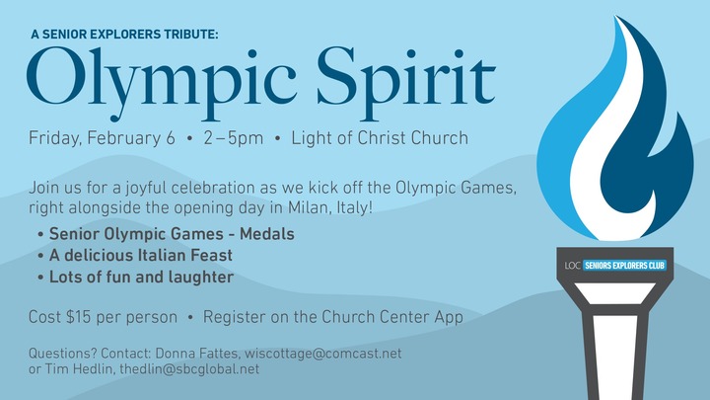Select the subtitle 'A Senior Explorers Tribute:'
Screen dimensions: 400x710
coord(124,35)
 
